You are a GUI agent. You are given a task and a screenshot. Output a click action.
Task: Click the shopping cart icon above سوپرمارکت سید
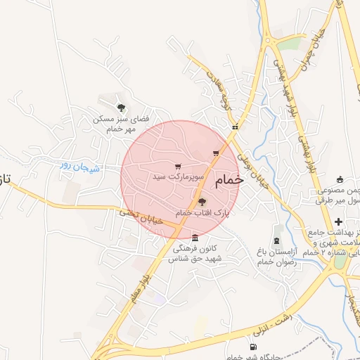[178, 167]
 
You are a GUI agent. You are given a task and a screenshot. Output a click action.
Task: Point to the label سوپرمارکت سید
[178, 177]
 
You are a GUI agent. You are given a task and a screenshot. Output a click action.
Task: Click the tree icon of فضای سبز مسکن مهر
[122, 108]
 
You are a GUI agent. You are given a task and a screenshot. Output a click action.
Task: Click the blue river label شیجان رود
[80, 167]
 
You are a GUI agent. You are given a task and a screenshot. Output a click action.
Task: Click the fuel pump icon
[253, 347]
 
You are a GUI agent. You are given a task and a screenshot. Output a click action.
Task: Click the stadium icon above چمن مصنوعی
[340, 179]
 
